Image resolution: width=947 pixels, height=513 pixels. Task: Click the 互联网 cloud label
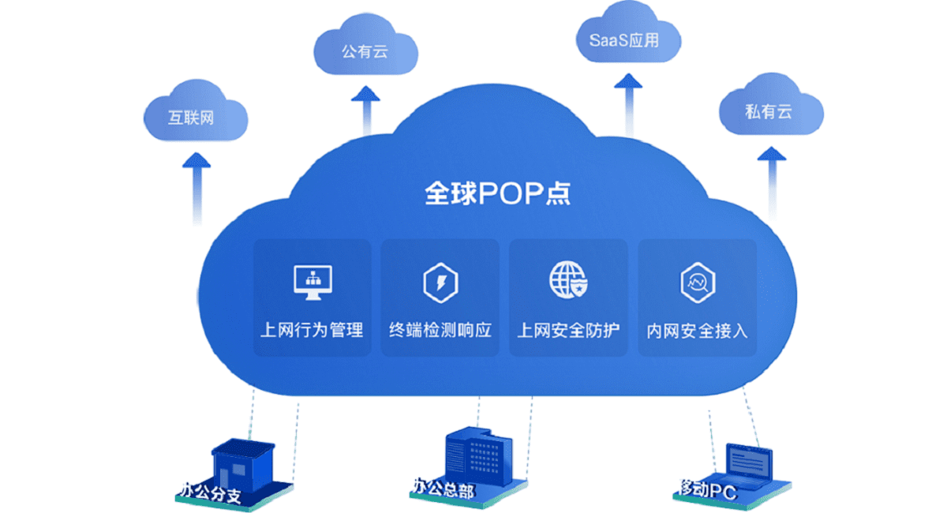click(191, 118)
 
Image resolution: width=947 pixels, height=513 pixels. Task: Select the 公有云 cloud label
click(365, 51)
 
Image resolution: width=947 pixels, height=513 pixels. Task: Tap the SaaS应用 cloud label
click(624, 40)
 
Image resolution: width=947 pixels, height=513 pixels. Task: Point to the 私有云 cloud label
click(768, 112)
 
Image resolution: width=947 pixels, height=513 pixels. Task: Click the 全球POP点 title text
click(498, 193)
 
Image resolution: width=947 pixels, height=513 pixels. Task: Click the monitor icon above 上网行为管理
click(313, 283)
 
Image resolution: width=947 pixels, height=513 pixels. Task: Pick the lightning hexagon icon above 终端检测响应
click(440, 283)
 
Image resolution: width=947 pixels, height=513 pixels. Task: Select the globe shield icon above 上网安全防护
click(568, 280)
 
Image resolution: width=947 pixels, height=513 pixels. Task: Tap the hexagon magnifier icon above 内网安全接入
click(698, 283)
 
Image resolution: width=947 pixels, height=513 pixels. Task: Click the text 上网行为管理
click(312, 330)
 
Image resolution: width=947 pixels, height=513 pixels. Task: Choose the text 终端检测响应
click(440, 330)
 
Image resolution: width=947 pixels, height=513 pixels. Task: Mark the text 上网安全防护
click(569, 330)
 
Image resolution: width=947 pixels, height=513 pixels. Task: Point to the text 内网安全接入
click(697, 331)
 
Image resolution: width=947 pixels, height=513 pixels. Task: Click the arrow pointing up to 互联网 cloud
click(197, 189)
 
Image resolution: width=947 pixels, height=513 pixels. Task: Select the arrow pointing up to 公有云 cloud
click(365, 110)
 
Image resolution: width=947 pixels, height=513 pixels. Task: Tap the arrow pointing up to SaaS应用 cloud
click(629, 105)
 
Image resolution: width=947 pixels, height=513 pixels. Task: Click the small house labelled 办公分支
click(242, 466)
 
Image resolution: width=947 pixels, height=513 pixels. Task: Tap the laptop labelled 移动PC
click(748, 464)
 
